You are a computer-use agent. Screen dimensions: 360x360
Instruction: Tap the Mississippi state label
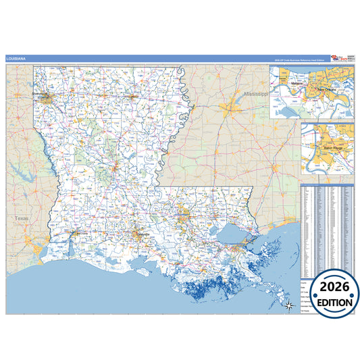256,93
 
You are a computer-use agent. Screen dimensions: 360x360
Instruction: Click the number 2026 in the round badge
330,286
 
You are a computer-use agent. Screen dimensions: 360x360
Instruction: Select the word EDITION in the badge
330,303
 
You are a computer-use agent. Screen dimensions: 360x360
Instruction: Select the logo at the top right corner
341,59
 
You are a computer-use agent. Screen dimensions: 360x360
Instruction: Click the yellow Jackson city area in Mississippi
234,105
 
